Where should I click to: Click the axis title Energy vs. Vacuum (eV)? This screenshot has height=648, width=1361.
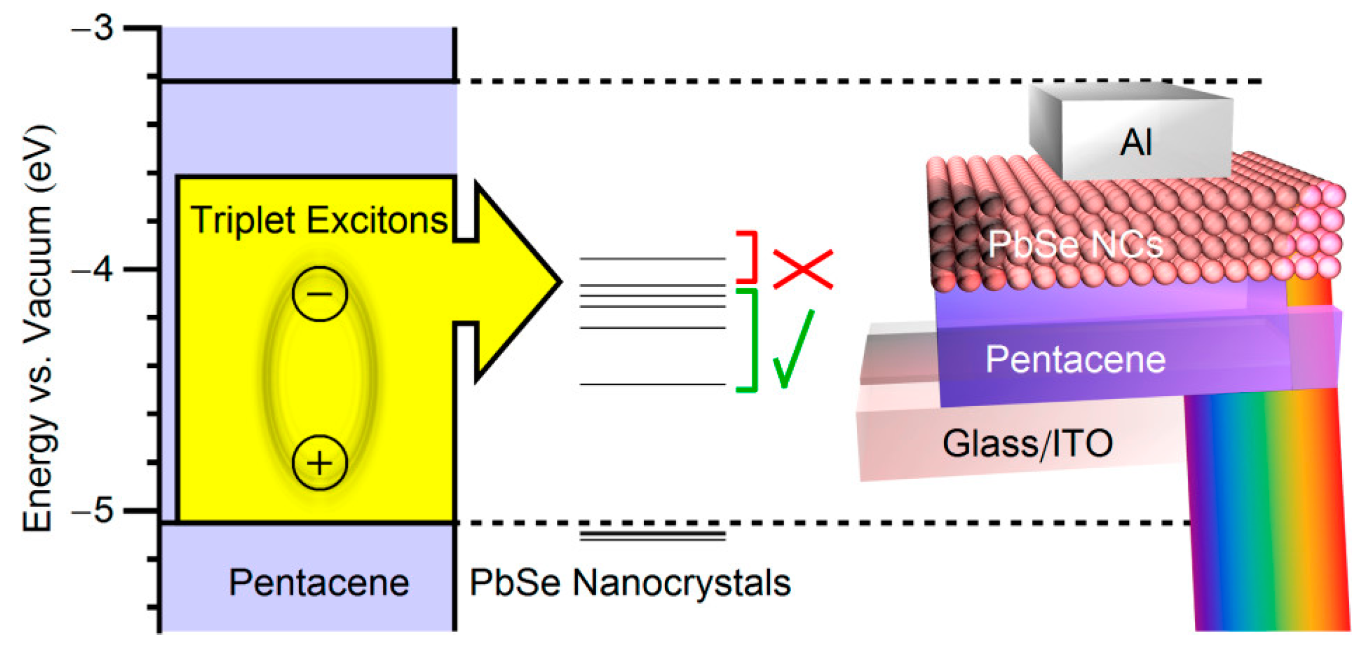pos(38,329)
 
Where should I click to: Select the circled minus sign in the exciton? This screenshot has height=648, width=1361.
pos(320,293)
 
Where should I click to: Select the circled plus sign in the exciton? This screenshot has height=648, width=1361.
pos(320,463)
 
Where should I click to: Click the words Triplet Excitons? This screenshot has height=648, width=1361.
pos(319,221)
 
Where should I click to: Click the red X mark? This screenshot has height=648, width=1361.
pos(802,269)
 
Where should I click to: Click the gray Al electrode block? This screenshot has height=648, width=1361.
pos(1134,138)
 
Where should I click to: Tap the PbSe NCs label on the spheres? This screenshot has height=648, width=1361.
pos(1075,244)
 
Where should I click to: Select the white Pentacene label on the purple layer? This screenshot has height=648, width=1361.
pos(1075,359)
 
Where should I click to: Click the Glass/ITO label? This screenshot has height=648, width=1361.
pos(1027,443)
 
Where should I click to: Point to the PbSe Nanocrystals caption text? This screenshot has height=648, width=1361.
pos(630,583)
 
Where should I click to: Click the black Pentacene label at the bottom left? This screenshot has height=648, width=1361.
pos(319,583)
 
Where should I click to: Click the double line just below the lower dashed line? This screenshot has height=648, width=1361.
pos(652,535)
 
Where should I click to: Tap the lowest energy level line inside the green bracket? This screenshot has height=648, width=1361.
pos(652,384)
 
